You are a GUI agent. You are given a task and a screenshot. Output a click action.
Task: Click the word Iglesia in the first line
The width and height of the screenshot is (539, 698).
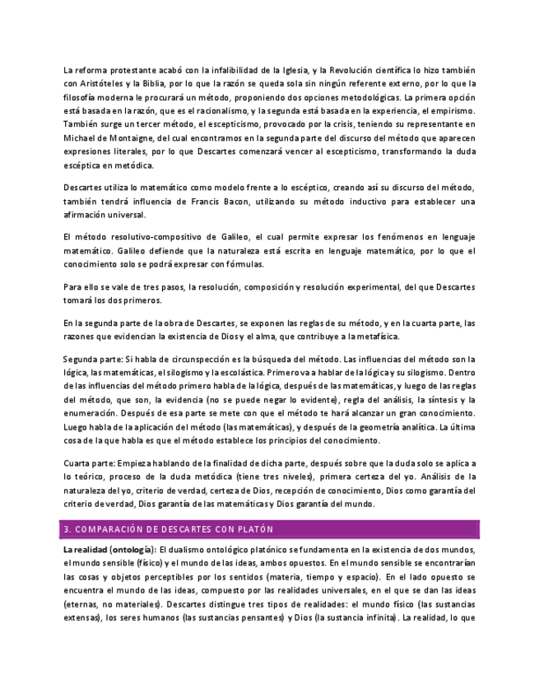pyautogui.click(x=295, y=71)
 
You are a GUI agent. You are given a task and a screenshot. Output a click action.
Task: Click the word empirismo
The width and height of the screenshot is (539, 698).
pyautogui.click(x=447, y=110)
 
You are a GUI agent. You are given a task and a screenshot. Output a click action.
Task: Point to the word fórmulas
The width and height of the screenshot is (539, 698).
pyautogui.click(x=244, y=264)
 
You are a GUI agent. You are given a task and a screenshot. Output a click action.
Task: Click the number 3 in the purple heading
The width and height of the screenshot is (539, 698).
pyautogui.click(x=66, y=529)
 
